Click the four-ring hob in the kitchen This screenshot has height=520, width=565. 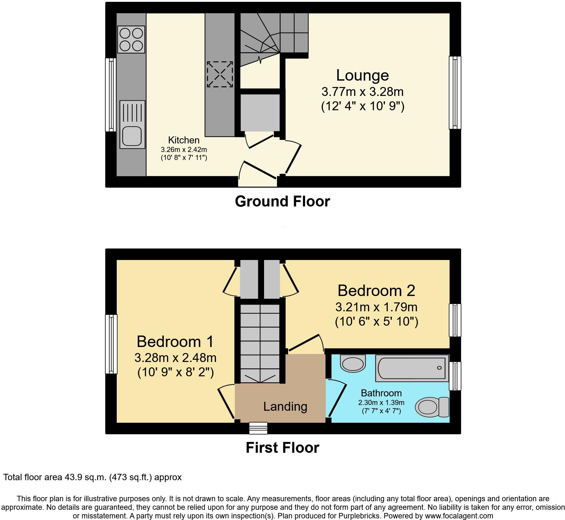pyautogui.click(x=131, y=40)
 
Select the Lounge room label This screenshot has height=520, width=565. pyautogui.click(x=362, y=76)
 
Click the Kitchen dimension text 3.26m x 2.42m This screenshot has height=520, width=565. pyautogui.click(x=184, y=149)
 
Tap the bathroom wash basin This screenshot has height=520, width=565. pyautogui.click(x=353, y=364)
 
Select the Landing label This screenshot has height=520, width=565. pyautogui.click(x=285, y=407)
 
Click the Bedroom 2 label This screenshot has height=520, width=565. pyautogui.click(x=376, y=291)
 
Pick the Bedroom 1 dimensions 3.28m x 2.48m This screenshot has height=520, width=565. pyautogui.click(x=175, y=357)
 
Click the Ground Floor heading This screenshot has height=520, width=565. pyautogui.click(x=282, y=201)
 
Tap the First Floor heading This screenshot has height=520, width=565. pyautogui.click(x=282, y=448)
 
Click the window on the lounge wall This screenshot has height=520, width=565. pyautogui.click(x=455, y=92)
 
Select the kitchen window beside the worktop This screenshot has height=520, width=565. pyautogui.click(x=110, y=95)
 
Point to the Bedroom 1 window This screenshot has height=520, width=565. pyautogui.click(x=110, y=344)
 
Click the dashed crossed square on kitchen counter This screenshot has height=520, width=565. pyautogui.click(x=220, y=74)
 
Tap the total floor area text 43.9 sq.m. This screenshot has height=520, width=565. pyautogui.click(x=92, y=477)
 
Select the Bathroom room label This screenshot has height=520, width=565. pyautogui.click(x=381, y=393)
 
